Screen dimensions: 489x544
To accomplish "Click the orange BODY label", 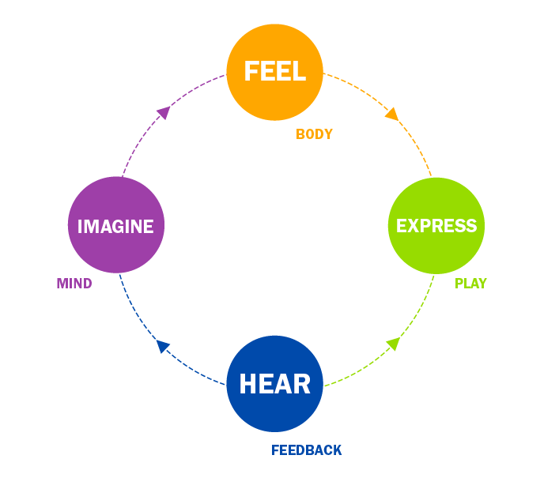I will (314, 134).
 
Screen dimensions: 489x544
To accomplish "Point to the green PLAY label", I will (470, 284).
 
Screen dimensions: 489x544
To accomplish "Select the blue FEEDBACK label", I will (307, 450).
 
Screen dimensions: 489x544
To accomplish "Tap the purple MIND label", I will (74, 284).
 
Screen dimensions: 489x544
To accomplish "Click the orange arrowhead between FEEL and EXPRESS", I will (391, 115).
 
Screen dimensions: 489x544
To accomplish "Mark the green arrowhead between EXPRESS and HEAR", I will (392, 344).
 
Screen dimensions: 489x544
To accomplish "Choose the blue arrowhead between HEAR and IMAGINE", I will (163, 346).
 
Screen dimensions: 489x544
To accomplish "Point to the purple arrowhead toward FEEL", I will (164, 112).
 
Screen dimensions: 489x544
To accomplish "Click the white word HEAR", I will (274, 385).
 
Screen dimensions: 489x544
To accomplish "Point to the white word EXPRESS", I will (436, 226).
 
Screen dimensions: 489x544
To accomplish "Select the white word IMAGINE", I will (115, 227).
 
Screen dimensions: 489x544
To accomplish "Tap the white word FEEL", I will (274, 71).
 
